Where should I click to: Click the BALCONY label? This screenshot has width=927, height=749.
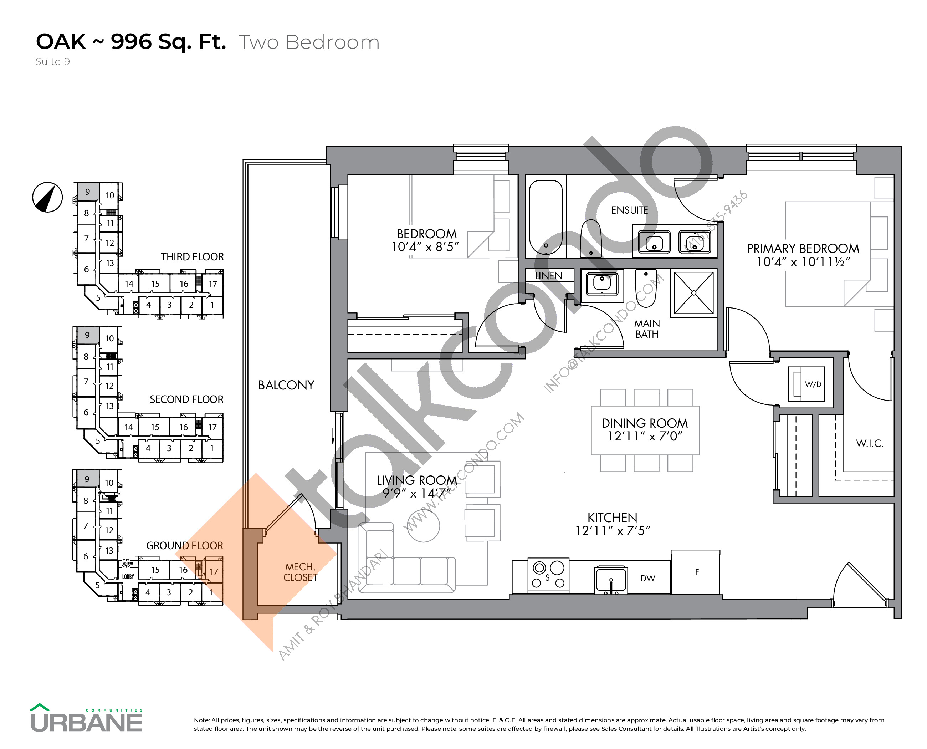pyautogui.click(x=286, y=385)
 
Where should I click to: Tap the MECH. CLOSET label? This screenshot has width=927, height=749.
pyautogui.click(x=300, y=572)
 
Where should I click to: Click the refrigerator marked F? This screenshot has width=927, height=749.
pyautogui.click(x=695, y=572)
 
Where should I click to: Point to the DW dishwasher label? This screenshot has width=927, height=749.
pyautogui.click(x=647, y=578)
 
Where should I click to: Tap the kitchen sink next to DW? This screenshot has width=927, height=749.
pyautogui.click(x=610, y=580)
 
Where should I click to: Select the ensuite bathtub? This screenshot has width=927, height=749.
pyautogui.click(x=545, y=218)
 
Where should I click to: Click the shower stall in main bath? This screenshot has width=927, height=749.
pyautogui.click(x=693, y=293)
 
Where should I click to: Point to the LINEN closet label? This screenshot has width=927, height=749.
pyautogui.click(x=548, y=276)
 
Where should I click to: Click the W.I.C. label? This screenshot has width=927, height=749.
pyautogui.click(x=869, y=443)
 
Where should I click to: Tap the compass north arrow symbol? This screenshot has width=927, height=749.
pyautogui.click(x=47, y=197)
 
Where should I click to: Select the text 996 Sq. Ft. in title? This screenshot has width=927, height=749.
pyautogui.click(x=168, y=42)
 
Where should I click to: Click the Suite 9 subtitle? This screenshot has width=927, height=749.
pyautogui.click(x=53, y=62)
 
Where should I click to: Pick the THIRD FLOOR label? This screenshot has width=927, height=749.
pyautogui.click(x=192, y=257)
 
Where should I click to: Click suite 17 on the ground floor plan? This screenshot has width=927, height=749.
pyautogui.click(x=214, y=571)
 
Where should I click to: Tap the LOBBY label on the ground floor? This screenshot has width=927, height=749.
pyautogui.click(x=128, y=576)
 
